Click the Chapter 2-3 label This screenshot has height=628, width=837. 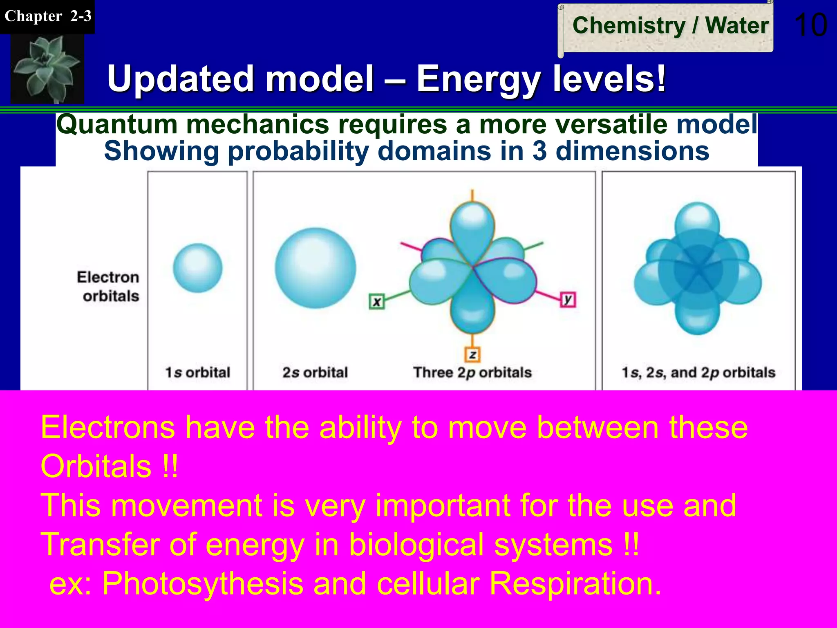click(x=47, y=16)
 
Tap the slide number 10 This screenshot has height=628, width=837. click(x=811, y=25)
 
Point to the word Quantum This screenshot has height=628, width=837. click(x=116, y=124)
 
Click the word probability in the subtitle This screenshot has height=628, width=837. click(x=298, y=151)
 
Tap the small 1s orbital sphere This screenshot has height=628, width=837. click(x=198, y=268)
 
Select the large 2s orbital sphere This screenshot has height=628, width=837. click(x=315, y=268)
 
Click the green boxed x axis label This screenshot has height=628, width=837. click(x=376, y=302)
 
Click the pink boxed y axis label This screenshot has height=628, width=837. click(x=568, y=300)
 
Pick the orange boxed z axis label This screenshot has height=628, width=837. click(x=472, y=354)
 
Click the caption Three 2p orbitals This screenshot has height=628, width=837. click(x=472, y=372)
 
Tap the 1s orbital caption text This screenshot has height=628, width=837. click(x=198, y=372)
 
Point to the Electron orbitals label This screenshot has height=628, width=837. click(x=108, y=286)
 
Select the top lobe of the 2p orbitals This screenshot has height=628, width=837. click(x=472, y=225)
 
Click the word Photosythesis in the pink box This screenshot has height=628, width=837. click(x=203, y=583)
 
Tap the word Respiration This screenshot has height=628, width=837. click(x=575, y=583)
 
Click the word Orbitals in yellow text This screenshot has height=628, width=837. click(x=96, y=467)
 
